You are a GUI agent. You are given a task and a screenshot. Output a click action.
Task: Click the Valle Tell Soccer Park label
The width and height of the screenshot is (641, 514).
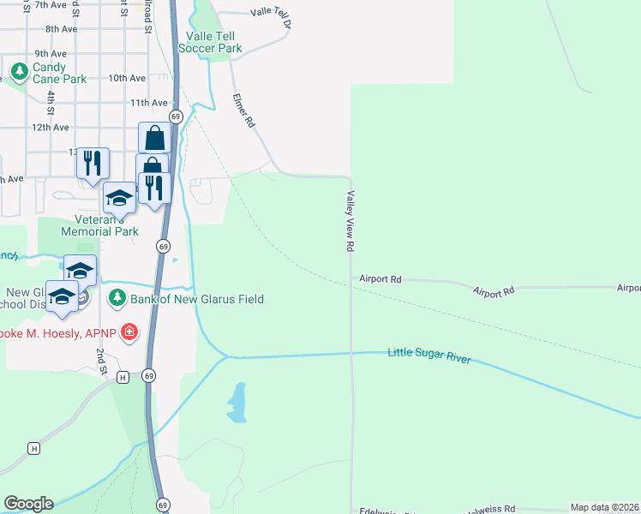pyautogui.click(x=210, y=42)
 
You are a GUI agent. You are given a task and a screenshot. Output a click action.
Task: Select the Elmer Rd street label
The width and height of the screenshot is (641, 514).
pyautogui.click(x=244, y=111)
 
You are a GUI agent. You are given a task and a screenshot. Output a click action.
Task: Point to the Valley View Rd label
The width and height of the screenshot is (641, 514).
pyautogui.click(x=350, y=221)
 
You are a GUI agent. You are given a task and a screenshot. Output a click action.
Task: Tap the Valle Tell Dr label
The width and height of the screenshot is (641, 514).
pyautogui.click(x=271, y=14)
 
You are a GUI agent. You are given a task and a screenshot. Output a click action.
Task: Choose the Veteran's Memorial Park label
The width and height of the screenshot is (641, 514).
pyautogui.click(x=99, y=225)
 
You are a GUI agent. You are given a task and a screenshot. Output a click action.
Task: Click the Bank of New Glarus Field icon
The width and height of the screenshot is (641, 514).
pyautogui.click(x=117, y=299)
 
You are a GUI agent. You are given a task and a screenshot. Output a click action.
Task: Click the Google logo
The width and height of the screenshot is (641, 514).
pyautogui.click(x=28, y=504)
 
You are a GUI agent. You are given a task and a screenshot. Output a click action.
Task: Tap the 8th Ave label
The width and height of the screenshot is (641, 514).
pyautogui.click(x=62, y=28)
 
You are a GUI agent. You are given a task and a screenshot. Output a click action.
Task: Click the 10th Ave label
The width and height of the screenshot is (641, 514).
pyautogui.click(x=127, y=78)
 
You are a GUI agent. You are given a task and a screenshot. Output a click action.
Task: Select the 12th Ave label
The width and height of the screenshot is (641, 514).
pyautogui.click(x=50, y=127)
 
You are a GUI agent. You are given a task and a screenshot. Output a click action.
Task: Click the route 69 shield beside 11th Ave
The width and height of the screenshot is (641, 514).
pyautogui.click(x=175, y=116)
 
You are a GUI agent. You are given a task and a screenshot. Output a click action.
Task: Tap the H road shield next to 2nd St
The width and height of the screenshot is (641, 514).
pyautogui.click(x=123, y=377)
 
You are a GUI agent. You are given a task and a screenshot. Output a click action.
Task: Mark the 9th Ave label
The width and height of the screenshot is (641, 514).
pyautogui.click(x=51, y=53)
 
